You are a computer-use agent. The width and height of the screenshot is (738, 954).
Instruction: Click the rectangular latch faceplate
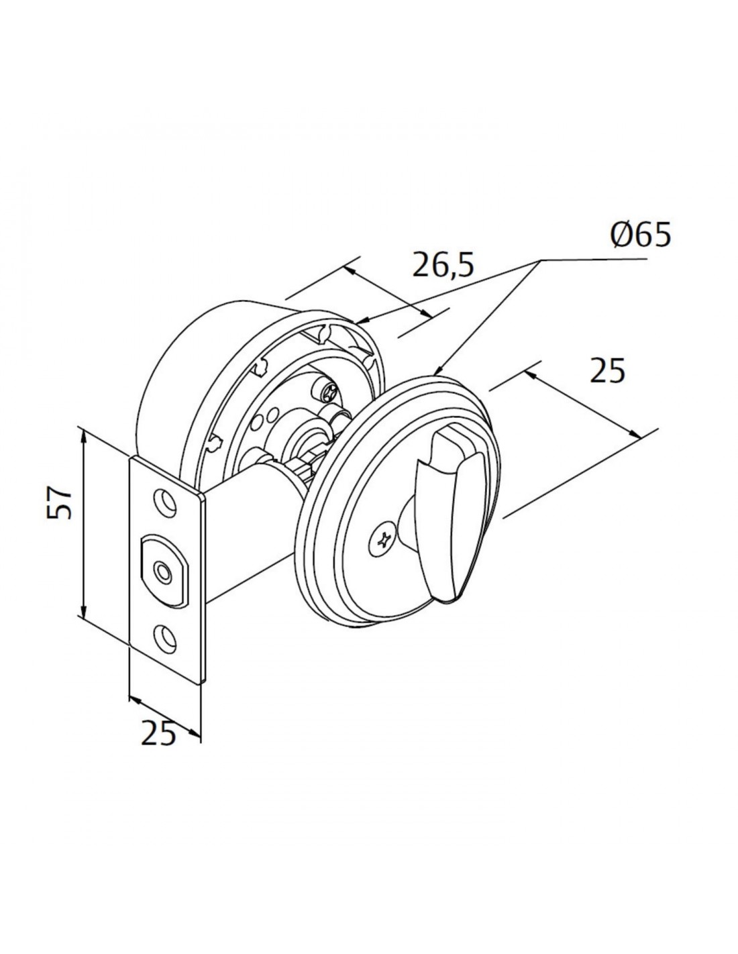[x=167, y=570]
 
